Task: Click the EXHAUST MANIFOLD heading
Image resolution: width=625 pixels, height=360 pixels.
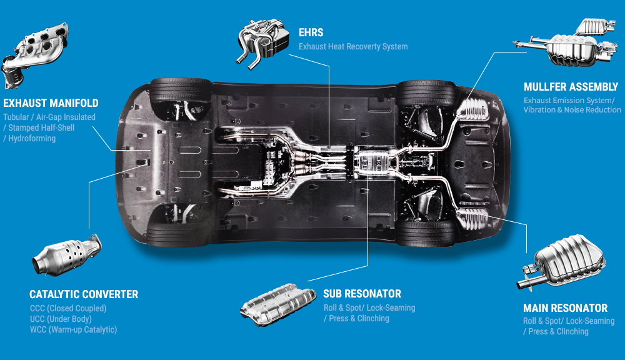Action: (51, 103)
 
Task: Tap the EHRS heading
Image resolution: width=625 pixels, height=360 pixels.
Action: (311, 32)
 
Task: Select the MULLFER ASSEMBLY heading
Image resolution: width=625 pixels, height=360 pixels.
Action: (571, 87)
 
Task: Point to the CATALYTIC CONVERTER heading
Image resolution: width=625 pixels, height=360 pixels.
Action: (84, 294)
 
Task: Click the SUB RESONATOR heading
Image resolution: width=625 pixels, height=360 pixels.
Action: (362, 293)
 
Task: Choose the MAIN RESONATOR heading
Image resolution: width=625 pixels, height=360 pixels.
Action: (565, 308)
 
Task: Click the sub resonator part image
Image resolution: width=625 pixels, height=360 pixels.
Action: (277, 304)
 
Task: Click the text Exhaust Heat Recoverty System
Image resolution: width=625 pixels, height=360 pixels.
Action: (353, 46)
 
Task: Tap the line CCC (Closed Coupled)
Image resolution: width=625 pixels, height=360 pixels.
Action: (68, 308)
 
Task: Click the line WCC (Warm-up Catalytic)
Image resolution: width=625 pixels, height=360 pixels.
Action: (73, 329)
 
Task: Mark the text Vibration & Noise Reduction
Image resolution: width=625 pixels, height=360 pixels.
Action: (572, 110)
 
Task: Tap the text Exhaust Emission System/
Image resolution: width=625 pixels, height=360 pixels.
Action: (569, 100)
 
